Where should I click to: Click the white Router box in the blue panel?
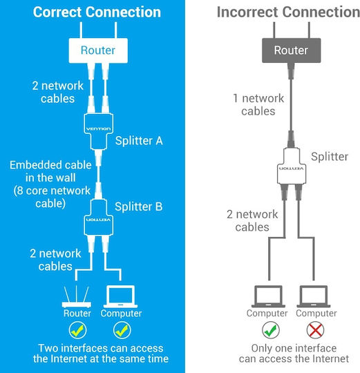click(98, 50)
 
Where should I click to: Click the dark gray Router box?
click(291, 50)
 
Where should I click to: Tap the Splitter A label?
click(139, 141)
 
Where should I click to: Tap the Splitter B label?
click(139, 207)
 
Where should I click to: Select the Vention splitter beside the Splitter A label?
click(98, 131)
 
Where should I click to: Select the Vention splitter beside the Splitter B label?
click(98, 217)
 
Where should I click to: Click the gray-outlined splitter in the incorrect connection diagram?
click(292, 166)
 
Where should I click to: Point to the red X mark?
click(315, 330)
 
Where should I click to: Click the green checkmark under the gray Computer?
click(270, 330)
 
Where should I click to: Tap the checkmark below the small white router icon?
click(77, 330)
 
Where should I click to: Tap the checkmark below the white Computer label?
click(122, 330)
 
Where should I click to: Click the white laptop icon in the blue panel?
click(120, 296)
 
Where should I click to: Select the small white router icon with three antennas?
click(77, 297)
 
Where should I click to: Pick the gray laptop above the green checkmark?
click(268, 296)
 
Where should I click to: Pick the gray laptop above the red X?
click(314, 296)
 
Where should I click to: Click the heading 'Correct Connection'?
click(97, 12)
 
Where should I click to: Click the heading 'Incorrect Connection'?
click(288, 12)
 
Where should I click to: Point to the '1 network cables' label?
click(258, 105)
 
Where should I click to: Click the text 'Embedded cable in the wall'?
click(50, 171)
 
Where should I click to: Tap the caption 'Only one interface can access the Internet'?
click(294, 353)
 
